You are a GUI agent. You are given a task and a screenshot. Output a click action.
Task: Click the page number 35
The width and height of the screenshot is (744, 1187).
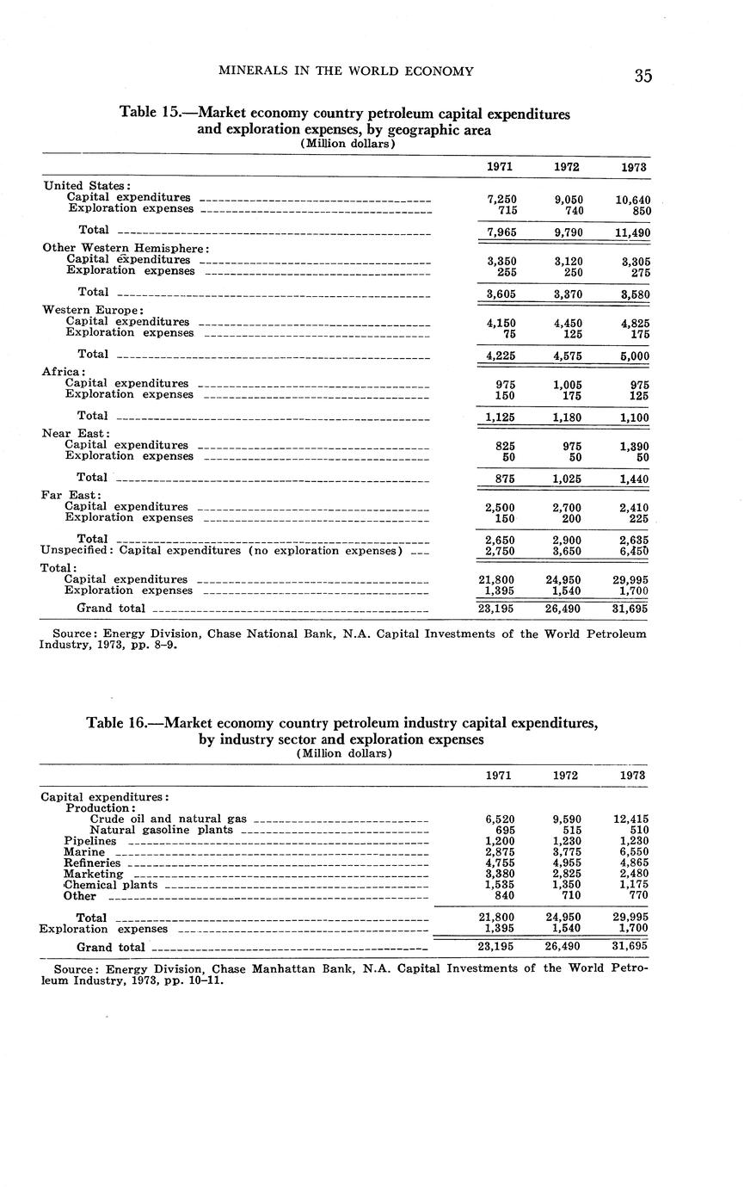pyautogui.click(x=643, y=76)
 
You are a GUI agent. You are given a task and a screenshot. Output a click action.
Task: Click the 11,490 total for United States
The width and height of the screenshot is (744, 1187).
pyautogui.click(x=631, y=232)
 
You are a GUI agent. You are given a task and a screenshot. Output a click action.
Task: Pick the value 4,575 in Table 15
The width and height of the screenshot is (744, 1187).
pyautogui.click(x=566, y=355)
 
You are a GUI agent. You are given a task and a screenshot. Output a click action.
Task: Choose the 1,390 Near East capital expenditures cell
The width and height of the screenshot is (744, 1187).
pyautogui.click(x=633, y=446)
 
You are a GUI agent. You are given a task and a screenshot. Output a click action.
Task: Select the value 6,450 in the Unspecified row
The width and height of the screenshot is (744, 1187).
pyautogui.click(x=633, y=551)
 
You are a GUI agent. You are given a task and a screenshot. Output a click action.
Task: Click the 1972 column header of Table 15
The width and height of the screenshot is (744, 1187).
pyautogui.click(x=566, y=167)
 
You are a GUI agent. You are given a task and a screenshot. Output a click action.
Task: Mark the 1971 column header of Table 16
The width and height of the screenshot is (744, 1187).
pyautogui.click(x=498, y=775)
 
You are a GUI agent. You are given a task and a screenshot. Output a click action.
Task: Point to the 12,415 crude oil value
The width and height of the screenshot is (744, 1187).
pyautogui.click(x=631, y=819)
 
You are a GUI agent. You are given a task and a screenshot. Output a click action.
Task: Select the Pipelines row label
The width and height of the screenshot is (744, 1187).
pyautogui.click(x=89, y=841)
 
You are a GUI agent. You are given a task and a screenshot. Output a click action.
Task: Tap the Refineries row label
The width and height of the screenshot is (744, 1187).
pyautogui.click(x=92, y=862)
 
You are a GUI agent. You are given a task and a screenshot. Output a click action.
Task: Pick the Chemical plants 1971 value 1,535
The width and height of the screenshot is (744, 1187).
pyautogui.click(x=498, y=884)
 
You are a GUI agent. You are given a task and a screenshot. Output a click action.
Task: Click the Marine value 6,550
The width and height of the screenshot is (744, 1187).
pyautogui.click(x=633, y=852)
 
